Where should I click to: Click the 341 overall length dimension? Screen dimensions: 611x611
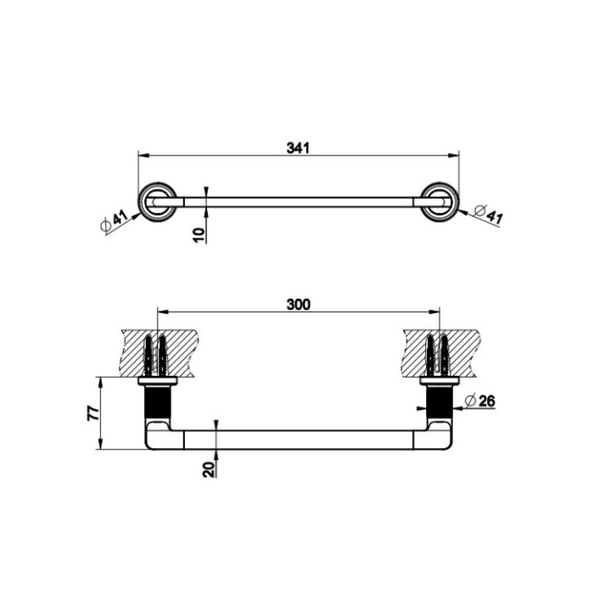pos(297,148)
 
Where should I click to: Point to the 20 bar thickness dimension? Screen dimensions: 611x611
pos(209,468)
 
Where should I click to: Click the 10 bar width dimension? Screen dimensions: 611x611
pos(199,233)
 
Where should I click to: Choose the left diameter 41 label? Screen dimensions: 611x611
pos(113,221)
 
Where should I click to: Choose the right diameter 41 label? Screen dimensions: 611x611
pos(488,215)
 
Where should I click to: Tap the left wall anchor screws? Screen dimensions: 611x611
pos(157,356)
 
